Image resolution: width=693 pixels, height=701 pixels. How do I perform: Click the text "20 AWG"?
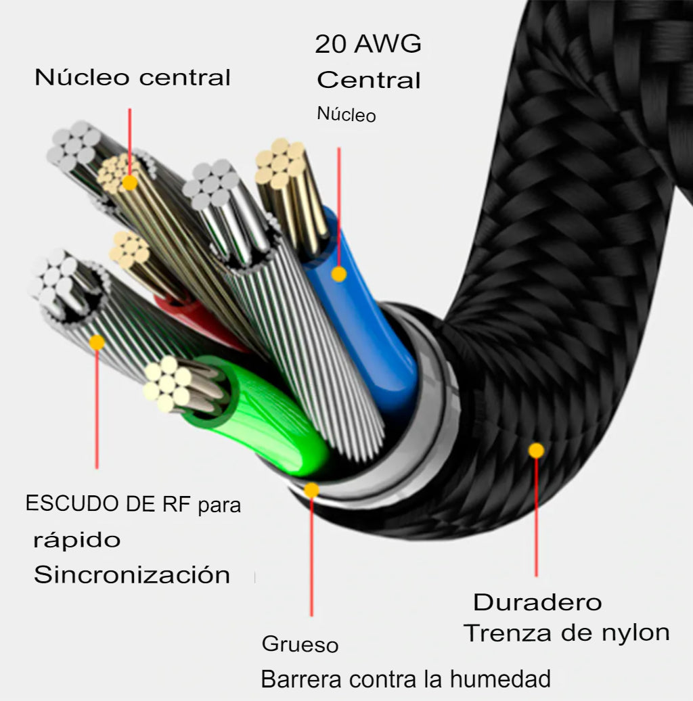click(x=368, y=44)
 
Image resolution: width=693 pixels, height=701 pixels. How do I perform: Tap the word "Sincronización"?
click(x=132, y=574)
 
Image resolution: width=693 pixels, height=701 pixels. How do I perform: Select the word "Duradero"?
click(x=537, y=602)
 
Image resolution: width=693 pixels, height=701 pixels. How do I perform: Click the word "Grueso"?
click(x=300, y=644)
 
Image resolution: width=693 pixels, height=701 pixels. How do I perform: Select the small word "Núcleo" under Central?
click(x=346, y=114)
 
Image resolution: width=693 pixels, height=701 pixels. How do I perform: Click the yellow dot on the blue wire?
click(x=339, y=273)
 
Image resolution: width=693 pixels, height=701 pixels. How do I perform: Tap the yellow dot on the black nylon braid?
click(x=536, y=450)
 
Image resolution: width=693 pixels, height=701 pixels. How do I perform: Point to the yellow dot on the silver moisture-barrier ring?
click(x=311, y=490)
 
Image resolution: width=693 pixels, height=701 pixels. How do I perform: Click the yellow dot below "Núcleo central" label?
click(x=130, y=183)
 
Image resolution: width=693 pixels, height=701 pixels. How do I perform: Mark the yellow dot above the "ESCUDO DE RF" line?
click(x=97, y=342)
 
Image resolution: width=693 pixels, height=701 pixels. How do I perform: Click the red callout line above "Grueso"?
click(x=311, y=557)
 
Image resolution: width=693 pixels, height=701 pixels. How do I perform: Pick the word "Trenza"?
click(x=507, y=633)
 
